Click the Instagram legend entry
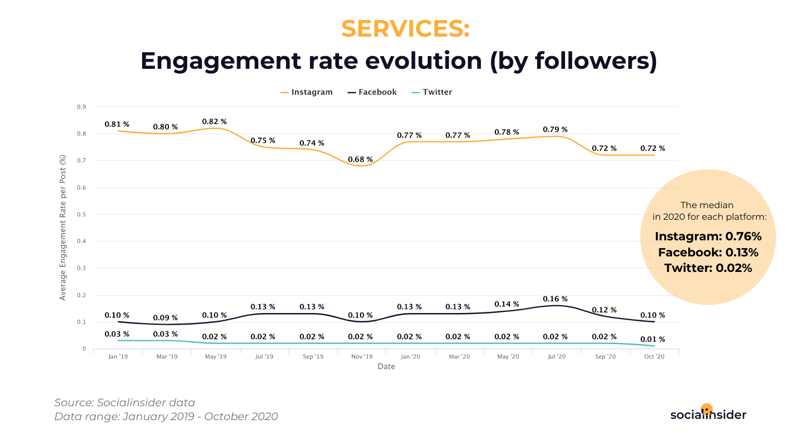307,92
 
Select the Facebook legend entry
372,92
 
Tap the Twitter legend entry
432,92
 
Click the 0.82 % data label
215,122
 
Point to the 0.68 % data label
361,159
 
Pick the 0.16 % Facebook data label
555,299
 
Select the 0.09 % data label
166,318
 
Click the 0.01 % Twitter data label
653,339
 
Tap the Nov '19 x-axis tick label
362,357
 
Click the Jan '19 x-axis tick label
118,357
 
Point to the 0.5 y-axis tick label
81,214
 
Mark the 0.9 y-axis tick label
81,107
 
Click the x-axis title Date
386,367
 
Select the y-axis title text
63,228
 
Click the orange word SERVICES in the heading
405,29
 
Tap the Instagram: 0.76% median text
708,236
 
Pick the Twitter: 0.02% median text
708,268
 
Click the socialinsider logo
708,413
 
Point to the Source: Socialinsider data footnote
124,403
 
